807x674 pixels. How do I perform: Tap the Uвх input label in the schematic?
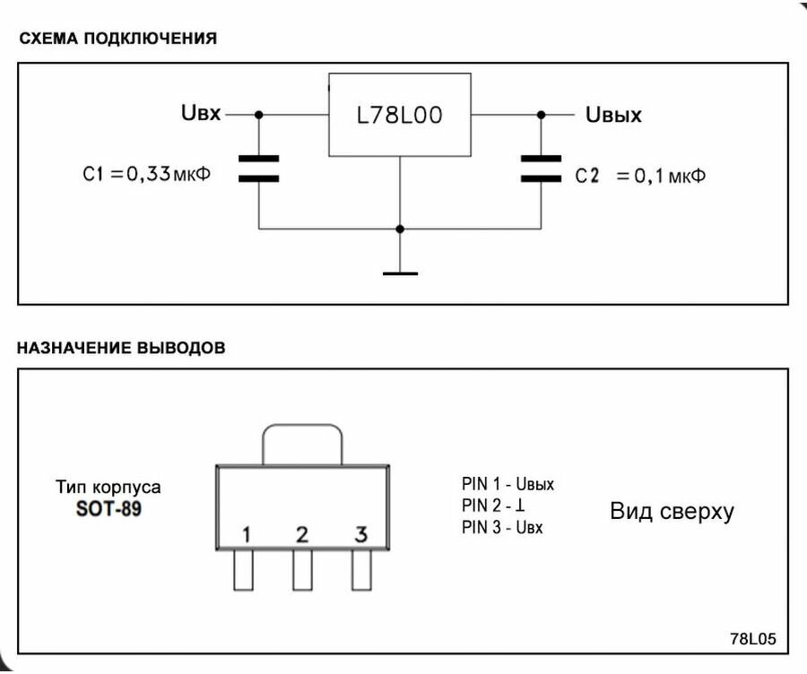tap(201, 113)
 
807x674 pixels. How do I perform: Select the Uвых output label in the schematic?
tap(613, 114)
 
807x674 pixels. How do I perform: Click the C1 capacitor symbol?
tap(259, 168)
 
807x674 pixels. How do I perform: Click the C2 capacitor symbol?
tap(541, 168)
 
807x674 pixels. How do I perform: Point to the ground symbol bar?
tap(401, 273)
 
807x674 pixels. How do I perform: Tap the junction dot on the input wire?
tap(259, 115)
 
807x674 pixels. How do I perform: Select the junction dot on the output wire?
tap(541, 115)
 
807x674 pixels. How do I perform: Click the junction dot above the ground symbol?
tap(400, 229)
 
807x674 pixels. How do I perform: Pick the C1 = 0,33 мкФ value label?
tap(147, 174)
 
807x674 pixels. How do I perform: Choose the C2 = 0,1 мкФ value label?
tap(640, 176)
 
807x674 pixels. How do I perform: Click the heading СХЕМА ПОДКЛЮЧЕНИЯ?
tap(117, 38)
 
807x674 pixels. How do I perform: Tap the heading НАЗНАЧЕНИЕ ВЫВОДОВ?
tap(121, 348)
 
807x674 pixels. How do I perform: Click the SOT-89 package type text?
tap(108, 509)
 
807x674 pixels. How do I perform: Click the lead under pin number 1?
tap(243, 570)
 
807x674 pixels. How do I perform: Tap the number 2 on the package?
tap(302, 534)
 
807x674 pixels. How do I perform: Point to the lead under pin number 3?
tap(362, 570)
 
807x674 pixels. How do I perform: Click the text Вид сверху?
tap(672, 512)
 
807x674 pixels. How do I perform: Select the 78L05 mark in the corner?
tap(753, 638)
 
